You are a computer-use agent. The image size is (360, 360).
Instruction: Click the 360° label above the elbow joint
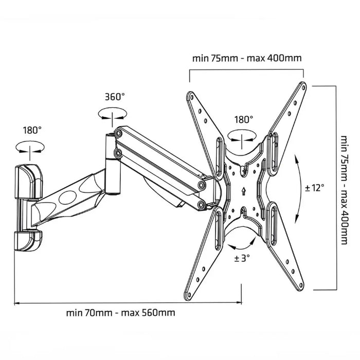pos(115,96)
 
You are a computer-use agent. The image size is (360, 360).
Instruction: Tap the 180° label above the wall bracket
pos(31,130)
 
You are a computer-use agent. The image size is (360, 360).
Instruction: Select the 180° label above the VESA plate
pos(243,119)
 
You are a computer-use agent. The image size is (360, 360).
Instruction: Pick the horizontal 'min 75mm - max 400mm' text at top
pos(247,58)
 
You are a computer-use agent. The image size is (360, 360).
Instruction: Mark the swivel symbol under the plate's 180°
pos(243,137)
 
